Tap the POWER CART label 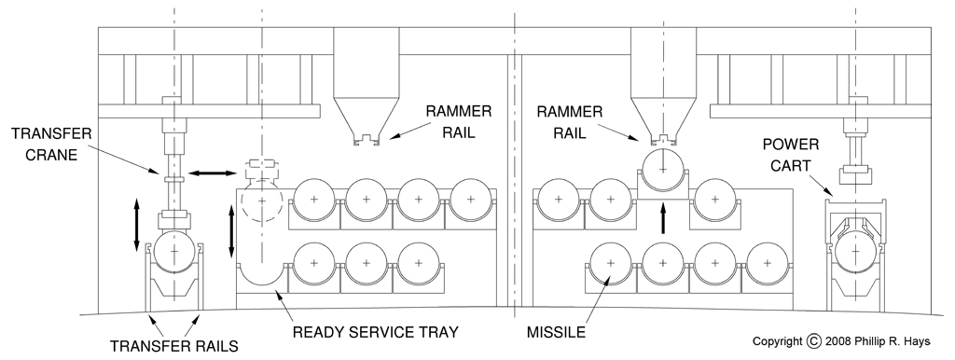(x=792, y=155)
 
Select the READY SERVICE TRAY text (x=375, y=333)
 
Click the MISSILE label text (x=556, y=333)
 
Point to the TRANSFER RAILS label (x=173, y=347)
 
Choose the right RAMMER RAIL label (x=570, y=122)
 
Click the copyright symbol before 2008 (x=813, y=341)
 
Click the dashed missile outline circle (x=262, y=201)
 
